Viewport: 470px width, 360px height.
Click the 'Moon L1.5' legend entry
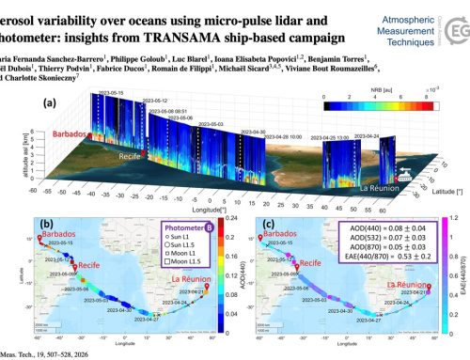[x=169, y=259]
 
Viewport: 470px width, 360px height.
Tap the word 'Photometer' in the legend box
[x=174, y=227]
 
